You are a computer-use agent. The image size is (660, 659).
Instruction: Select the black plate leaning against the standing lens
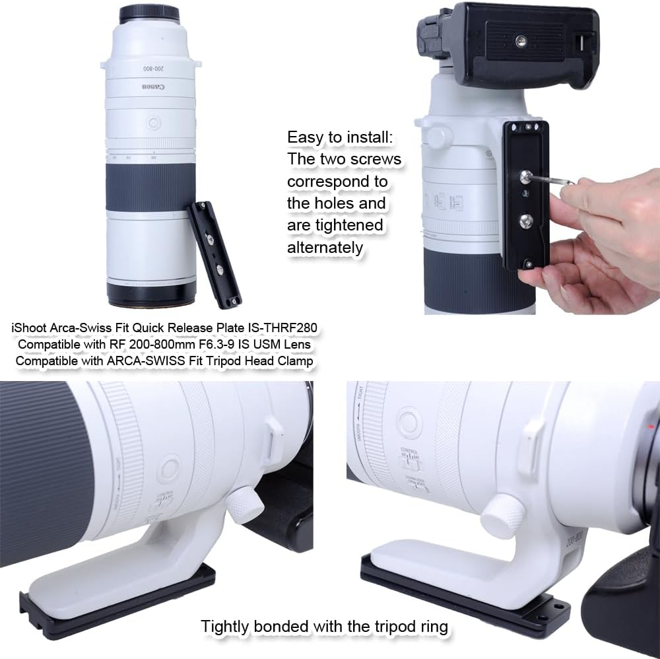click(x=214, y=253)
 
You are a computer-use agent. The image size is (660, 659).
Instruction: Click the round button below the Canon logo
click(x=153, y=123)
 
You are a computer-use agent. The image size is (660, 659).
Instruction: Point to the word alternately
click(x=325, y=248)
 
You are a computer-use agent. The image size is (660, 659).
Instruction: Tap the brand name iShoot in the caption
click(x=29, y=328)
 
